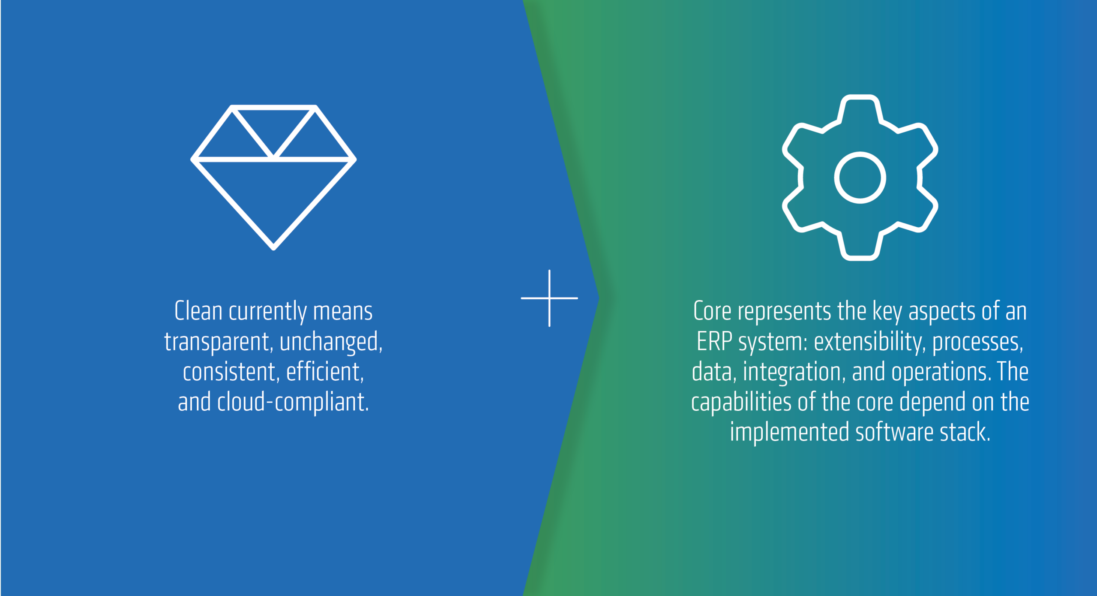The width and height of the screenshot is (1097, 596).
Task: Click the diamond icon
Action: pos(273,160)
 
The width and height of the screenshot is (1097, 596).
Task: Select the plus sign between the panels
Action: pos(549,298)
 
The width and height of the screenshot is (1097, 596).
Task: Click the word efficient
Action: pos(325,371)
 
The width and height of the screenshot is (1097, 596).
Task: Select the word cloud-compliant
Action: pos(293,402)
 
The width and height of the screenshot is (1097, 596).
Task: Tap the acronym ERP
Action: pos(714,341)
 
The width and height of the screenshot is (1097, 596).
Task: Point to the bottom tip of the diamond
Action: pos(273,248)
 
